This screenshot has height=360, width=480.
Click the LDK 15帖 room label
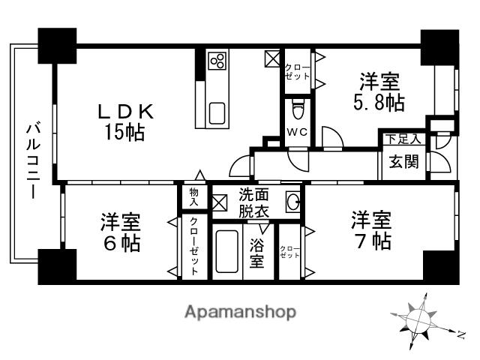pos(127,122)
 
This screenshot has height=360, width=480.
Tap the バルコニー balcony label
pos(32,160)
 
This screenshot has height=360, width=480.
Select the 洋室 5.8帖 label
pos(379,92)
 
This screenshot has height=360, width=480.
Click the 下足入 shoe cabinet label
pos(403,139)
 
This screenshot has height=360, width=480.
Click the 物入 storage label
pos(193,197)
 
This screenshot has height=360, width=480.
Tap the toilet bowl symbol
pos(298,109)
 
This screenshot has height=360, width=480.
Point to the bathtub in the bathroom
pos(226,252)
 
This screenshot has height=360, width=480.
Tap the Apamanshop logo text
pos(240,312)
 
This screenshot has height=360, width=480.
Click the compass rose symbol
pos(420,321)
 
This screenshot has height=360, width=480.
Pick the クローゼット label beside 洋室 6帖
pos(193,245)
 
